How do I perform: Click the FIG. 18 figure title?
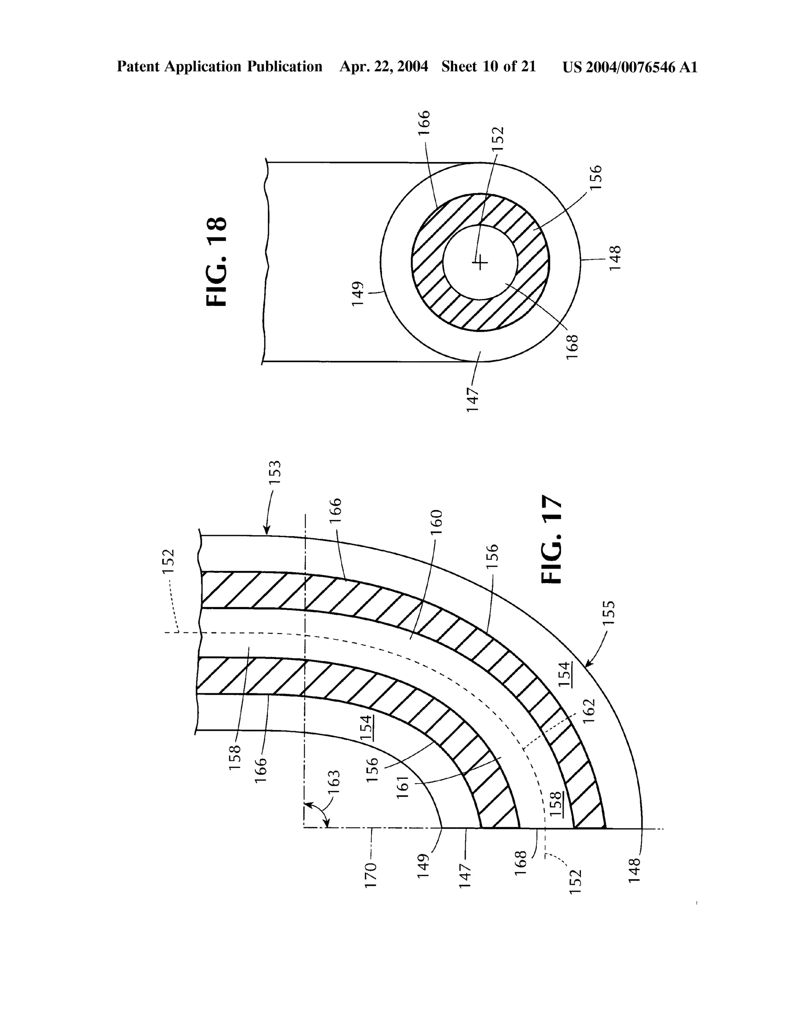click(x=217, y=262)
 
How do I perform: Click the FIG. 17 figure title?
click(x=552, y=539)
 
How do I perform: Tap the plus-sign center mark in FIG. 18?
click(x=480, y=262)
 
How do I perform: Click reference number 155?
click(x=609, y=613)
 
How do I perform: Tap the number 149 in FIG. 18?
click(x=358, y=293)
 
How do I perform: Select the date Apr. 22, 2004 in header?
click(x=384, y=67)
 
